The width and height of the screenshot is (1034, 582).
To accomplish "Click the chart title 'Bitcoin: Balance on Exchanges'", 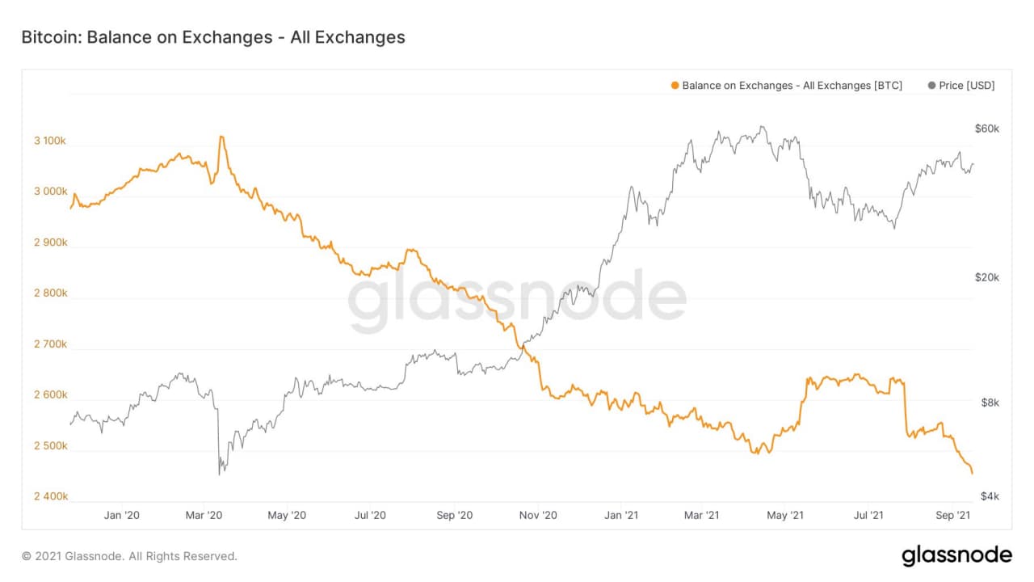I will tap(212, 37).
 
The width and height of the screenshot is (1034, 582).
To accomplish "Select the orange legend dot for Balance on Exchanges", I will tap(675, 86).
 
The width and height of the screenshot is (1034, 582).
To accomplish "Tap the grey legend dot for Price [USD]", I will tap(932, 86).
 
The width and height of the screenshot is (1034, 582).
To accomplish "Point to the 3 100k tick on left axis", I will tap(50, 141).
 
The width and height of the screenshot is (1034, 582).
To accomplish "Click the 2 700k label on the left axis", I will tap(50, 344).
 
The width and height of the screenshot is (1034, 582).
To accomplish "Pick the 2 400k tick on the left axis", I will tap(50, 496).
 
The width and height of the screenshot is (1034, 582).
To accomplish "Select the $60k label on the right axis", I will tap(987, 129).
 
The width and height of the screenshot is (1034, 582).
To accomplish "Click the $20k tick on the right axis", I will tap(987, 277).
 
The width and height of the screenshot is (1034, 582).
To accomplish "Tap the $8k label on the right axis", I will tap(988, 403).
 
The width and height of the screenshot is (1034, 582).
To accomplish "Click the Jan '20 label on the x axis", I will tap(123, 515).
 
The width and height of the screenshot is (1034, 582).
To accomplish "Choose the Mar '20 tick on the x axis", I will tap(205, 515).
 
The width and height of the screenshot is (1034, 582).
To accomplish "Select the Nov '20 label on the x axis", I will tap(538, 515).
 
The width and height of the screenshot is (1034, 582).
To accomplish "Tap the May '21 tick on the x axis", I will tap(785, 515).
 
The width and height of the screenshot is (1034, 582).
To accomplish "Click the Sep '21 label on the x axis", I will tap(952, 515).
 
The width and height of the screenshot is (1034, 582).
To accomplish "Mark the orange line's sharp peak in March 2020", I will tap(221, 137).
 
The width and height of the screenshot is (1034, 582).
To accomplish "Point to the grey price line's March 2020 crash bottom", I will tap(220, 474).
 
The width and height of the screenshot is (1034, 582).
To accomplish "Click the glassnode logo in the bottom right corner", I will tap(956, 555).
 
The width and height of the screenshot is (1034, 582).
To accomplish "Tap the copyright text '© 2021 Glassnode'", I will tap(129, 556).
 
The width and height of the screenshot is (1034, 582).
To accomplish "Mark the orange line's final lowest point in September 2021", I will tap(972, 473).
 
